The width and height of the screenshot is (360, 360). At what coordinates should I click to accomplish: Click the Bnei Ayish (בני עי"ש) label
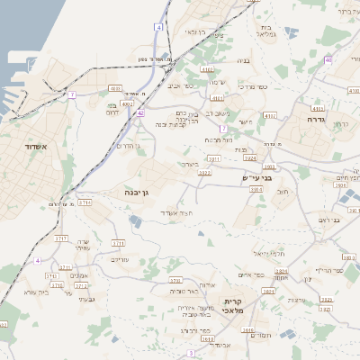(257, 177)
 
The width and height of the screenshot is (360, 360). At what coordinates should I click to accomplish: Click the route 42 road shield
(140, 112)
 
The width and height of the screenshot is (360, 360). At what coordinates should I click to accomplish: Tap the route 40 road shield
(328, 59)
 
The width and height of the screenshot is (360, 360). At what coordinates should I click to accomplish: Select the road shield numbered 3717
(61, 238)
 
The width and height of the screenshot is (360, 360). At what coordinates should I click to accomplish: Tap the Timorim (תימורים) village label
(261, 335)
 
